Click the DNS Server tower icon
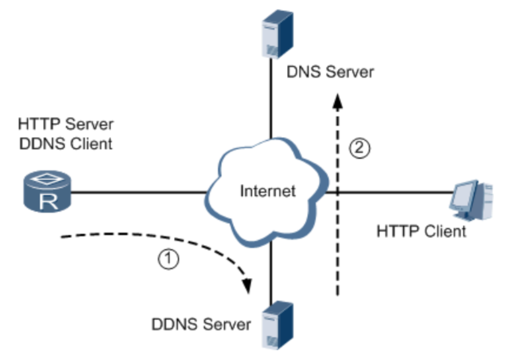(x=277, y=35)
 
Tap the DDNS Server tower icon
(x=277, y=326)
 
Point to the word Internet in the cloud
(x=268, y=191)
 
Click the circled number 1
(x=169, y=259)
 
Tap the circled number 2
(x=359, y=148)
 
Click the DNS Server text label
(x=330, y=72)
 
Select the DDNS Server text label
(x=201, y=324)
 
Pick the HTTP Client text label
(x=421, y=231)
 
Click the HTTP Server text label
(x=66, y=124)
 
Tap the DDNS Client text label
(x=66, y=144)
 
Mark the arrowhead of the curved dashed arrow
(x=247, y=286)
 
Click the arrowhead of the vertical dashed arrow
(x=338, y=101)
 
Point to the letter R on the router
(x=48, y=201)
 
